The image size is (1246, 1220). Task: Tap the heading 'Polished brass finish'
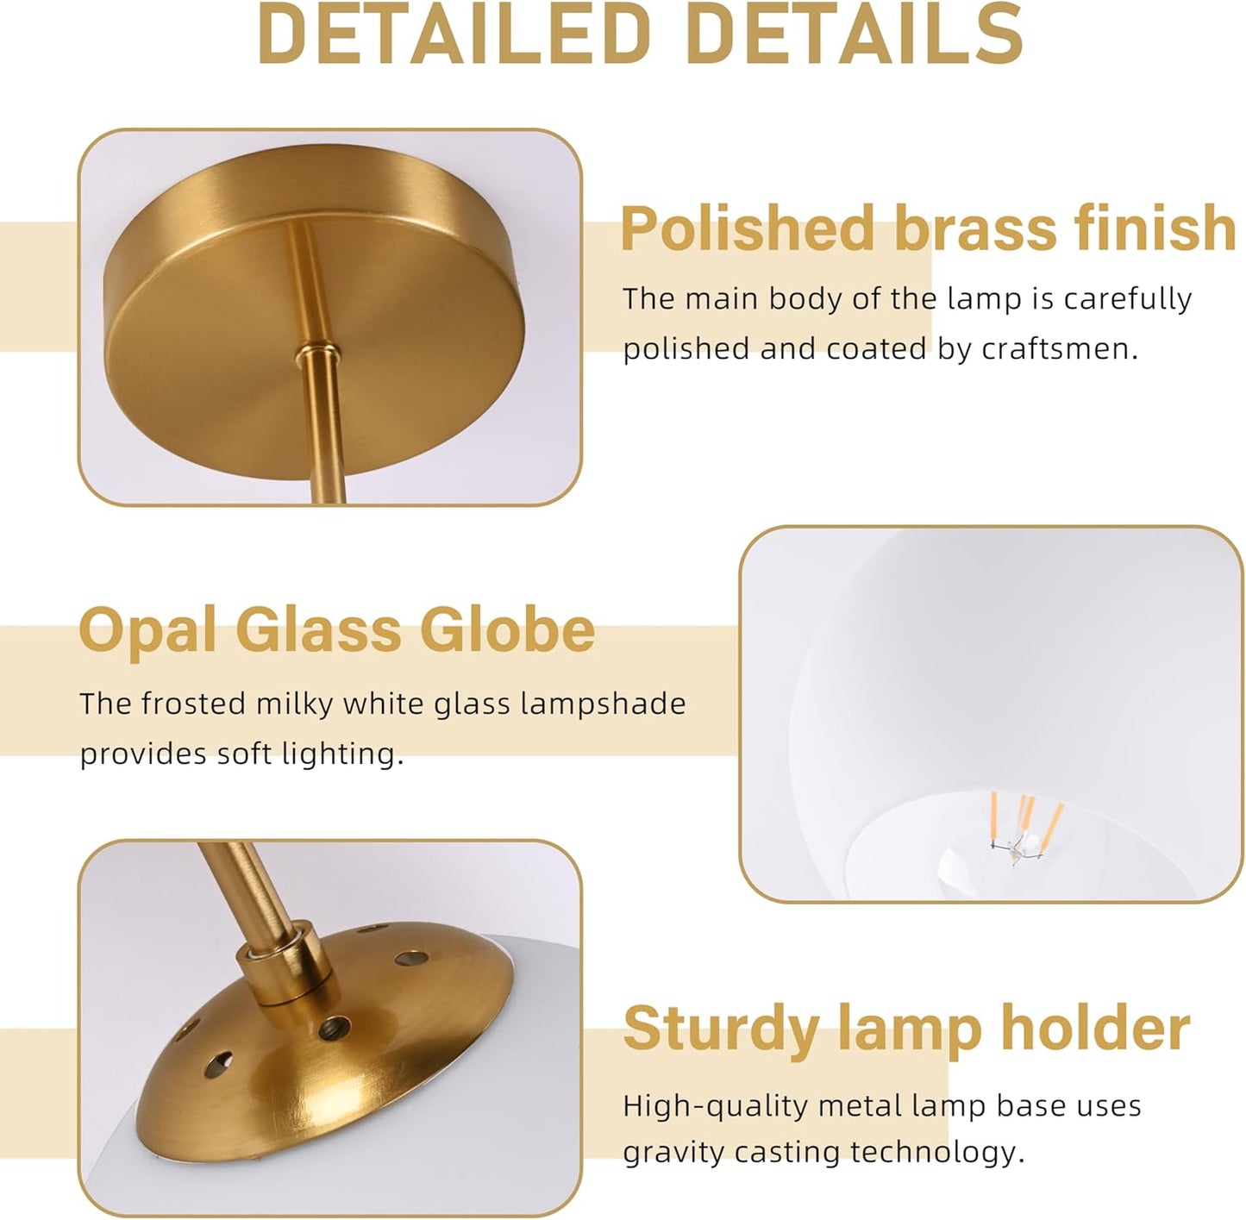point(928,228)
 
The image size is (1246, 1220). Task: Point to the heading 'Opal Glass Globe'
point(336,629)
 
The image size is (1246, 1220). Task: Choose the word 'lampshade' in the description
point(603,705)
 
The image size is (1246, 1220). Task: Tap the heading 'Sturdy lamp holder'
point(905,1028)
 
